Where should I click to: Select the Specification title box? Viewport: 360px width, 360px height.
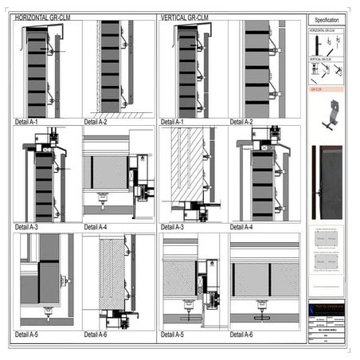[x=327, y=19]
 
